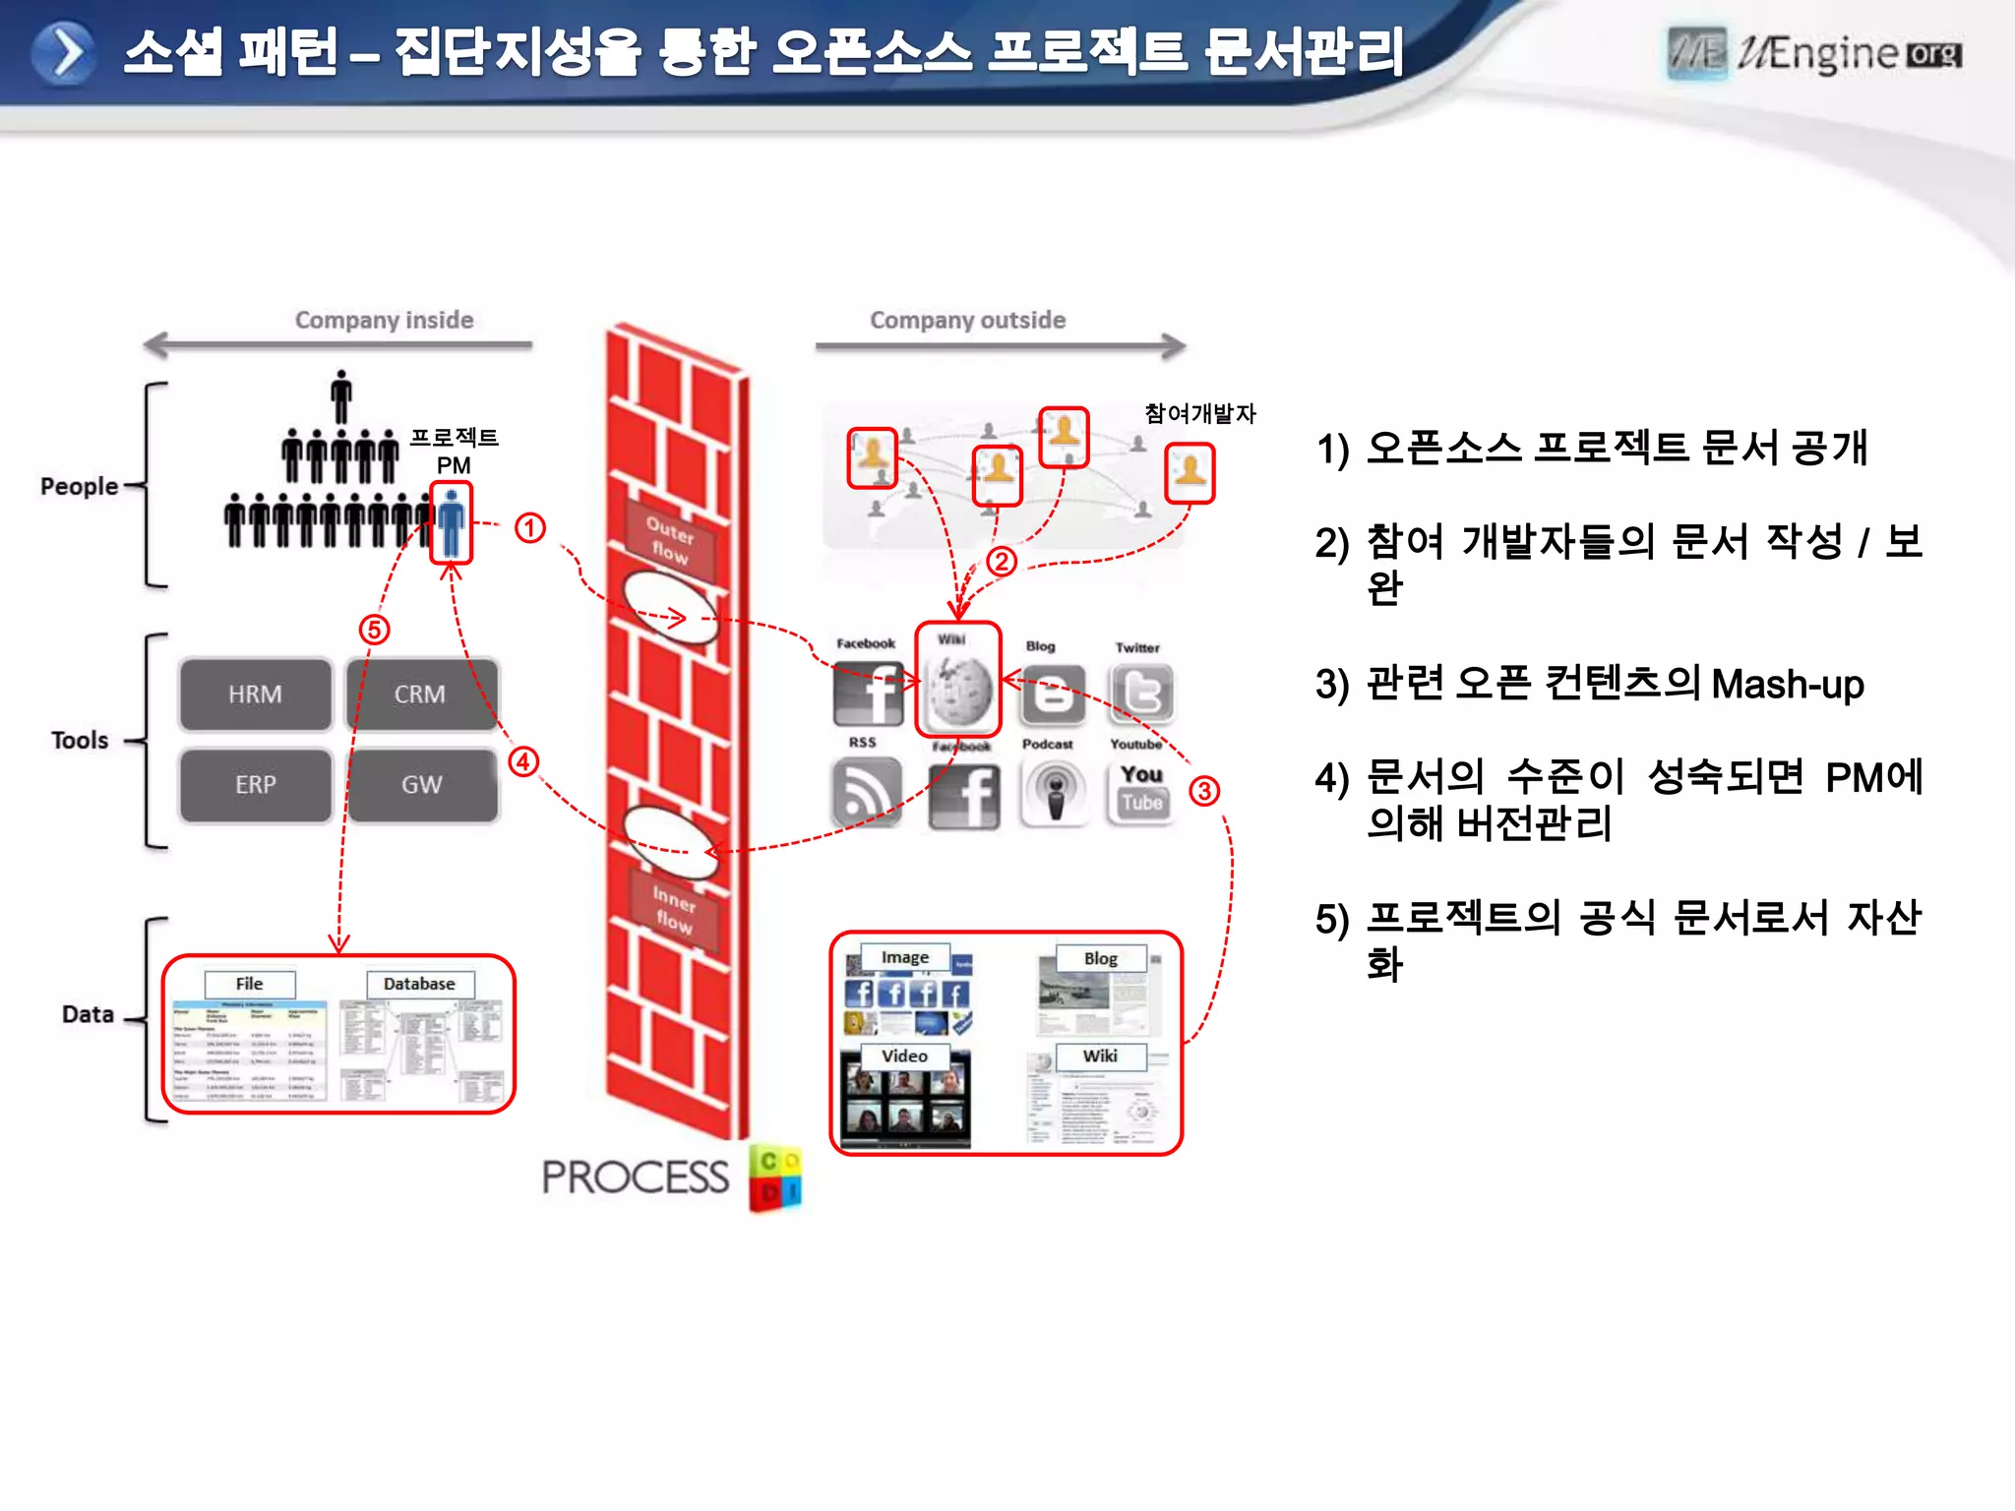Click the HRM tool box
(x=255, y=695)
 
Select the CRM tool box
(x=420, y=695)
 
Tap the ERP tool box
(x=255, y=785)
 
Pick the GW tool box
(x=421, y=785)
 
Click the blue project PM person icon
(x=452, y=522)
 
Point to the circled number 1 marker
(x=530, y=528)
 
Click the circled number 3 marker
(x=1204, y=791)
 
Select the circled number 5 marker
(x=374, y=630)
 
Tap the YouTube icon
(x=1141, y=789)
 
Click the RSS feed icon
(x=866, y=791)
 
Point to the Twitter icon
(x=1141, y=692)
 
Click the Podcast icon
(x=1054, y=791)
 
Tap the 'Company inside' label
(x=384, y=321)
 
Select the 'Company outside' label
(x=967, y=321)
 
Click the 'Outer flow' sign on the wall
(x=670, y=539)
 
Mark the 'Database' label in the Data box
(x=419, y=984)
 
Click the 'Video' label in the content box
(x=904, y=1056)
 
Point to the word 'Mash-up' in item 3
(x=1787, y=684)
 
